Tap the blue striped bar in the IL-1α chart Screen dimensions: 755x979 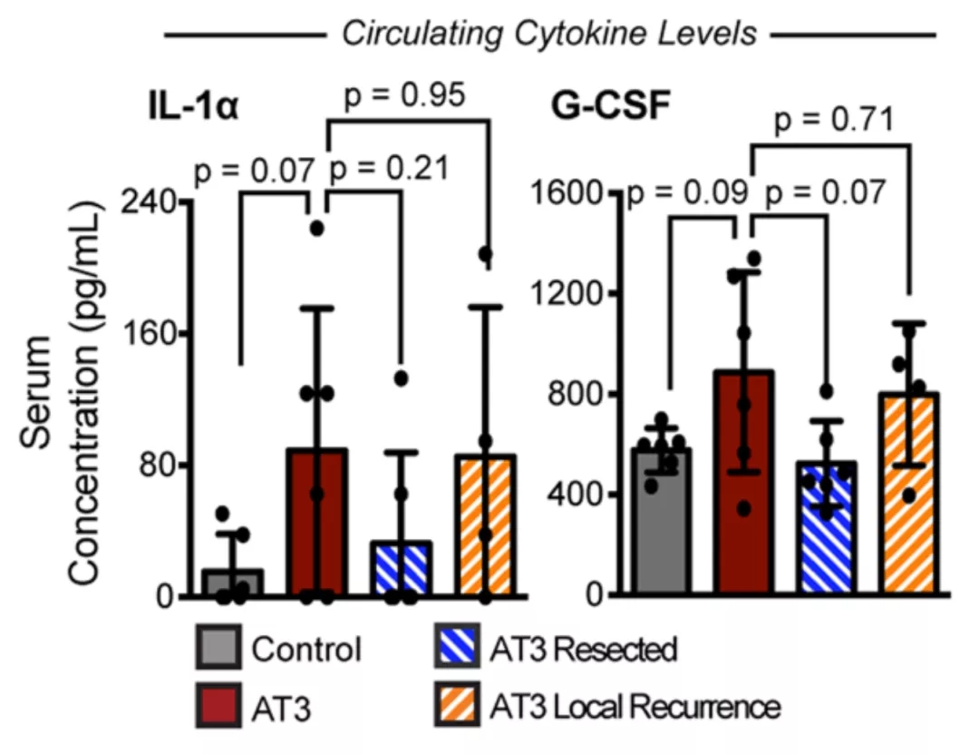click(401, 569)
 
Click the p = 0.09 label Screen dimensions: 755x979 click(689, 191)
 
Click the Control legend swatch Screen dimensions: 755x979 click(218, 649)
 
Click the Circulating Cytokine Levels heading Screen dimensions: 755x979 click(548, 34)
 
